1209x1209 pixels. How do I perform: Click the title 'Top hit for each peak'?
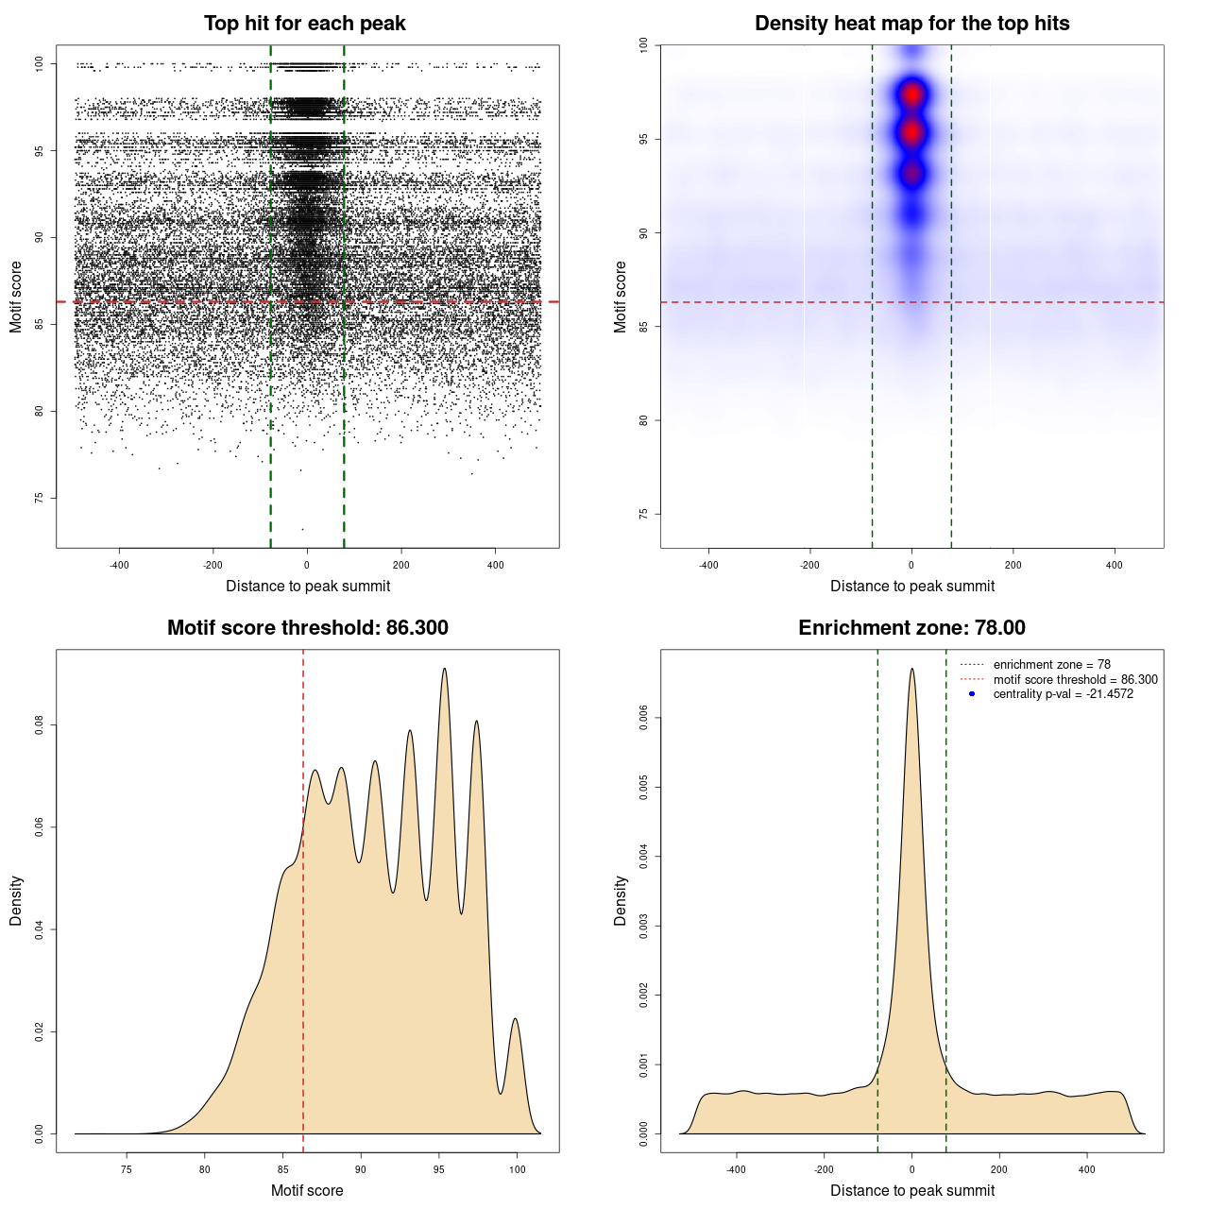[304, 24]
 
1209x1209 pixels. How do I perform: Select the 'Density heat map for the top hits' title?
[911, 24]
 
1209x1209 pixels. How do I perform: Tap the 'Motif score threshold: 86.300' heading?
[307, 628]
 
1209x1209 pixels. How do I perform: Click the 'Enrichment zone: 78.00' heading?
[911, 628]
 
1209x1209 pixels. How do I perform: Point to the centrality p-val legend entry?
[1063, 694]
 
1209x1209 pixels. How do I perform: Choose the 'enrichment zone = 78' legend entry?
[1051, 665]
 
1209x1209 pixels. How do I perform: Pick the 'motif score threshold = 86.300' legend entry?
[1075, 680]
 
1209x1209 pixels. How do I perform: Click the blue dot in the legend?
[972, 694]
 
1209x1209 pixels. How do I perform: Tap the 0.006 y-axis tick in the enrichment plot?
[644, 718]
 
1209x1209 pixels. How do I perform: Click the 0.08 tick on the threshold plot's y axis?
[40, 725]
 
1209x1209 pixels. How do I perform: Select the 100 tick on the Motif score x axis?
[517, 1169]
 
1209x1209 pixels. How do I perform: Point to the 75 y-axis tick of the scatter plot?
[40, 498]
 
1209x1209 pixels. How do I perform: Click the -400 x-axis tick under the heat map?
[708, 565]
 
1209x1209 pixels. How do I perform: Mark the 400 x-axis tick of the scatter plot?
[495, 565]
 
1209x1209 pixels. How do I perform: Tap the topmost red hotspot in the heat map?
[911, 94]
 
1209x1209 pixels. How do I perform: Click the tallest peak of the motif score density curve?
[444, 670]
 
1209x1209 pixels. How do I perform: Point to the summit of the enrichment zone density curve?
[911, 670]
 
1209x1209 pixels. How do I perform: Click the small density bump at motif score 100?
[515, 1020]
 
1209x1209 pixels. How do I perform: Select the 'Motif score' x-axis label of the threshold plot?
[307, 1190]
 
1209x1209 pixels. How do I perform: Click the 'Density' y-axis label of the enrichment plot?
[621, 900]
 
